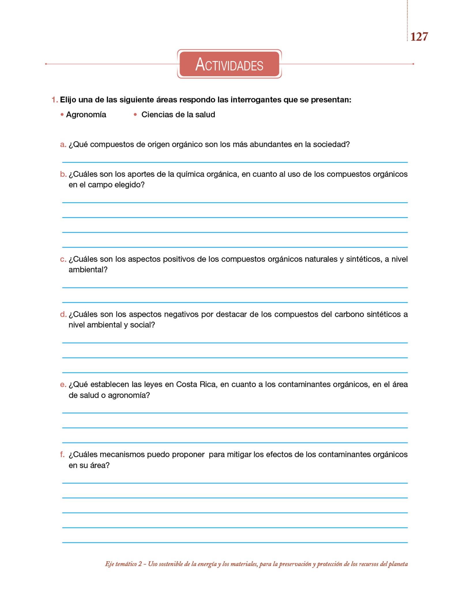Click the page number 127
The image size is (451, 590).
[x=419, y=37]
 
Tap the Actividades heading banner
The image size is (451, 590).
[x=229, y=64]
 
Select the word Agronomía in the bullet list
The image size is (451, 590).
[x=86, y=115]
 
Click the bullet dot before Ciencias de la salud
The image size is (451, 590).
[x=135, y=115]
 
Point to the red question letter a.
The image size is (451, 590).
[x=63, y=144]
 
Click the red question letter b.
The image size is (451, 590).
[x=63, y=174]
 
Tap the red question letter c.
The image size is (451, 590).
[x=63, y=259]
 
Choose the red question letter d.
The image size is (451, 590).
[x=63, y=314]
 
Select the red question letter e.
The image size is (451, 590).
[x=63, y=385]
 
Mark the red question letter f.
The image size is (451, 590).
[x=62, y=455]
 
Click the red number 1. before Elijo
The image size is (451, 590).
[x=55, y=100]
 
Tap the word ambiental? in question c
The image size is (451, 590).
[x=88, y=270]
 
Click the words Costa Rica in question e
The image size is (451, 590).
[x=196, y=385]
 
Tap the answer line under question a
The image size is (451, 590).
[x=235, y=162]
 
